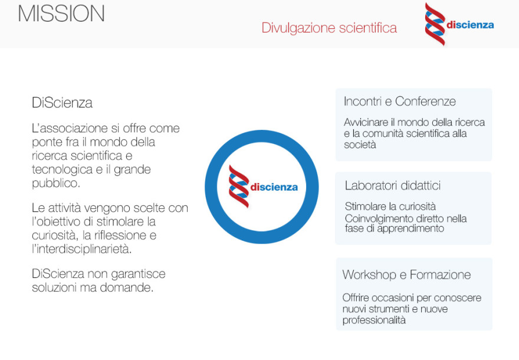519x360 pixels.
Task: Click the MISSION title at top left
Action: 61,14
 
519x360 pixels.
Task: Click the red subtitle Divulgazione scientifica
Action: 329,28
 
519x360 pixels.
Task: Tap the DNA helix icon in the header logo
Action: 435,24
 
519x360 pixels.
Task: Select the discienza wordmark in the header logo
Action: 470,25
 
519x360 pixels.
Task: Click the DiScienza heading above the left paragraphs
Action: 62,103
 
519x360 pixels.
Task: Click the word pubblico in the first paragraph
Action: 55,183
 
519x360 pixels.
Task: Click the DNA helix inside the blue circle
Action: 239,186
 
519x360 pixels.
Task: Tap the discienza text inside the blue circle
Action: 274,187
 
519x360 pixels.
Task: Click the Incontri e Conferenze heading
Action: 399,102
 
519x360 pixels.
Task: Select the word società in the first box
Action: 360,145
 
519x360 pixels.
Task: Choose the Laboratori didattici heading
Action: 393,185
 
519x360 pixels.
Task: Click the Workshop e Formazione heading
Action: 406,274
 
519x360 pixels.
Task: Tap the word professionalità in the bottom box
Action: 374,320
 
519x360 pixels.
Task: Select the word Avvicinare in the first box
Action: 366,122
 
